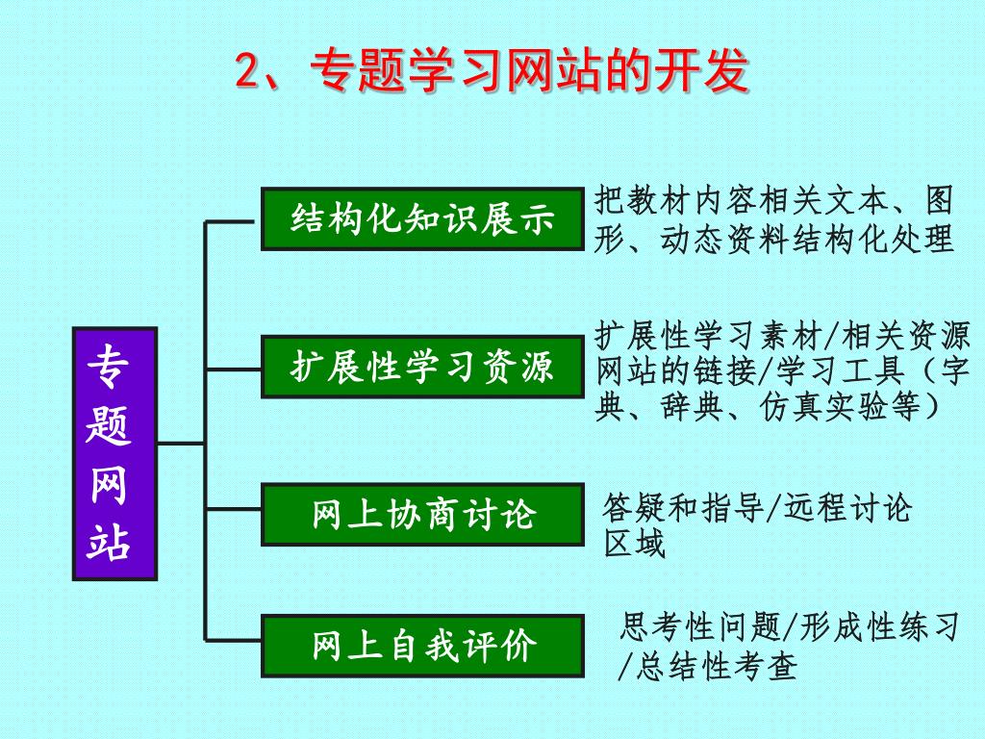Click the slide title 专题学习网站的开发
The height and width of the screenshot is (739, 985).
(x=492, y=71)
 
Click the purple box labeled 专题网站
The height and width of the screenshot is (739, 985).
(x=114, y=453)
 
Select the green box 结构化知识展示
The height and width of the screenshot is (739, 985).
(x=422, y=219)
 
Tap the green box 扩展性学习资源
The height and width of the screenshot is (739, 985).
(x=422, y=367)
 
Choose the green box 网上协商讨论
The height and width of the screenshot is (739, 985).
(x=422, y=514)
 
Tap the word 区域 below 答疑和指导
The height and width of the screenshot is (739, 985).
(x=634, y=545)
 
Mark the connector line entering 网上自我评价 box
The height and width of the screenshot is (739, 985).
(x=233, y=639)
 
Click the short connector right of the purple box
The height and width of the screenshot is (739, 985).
(x=181, y=444)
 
